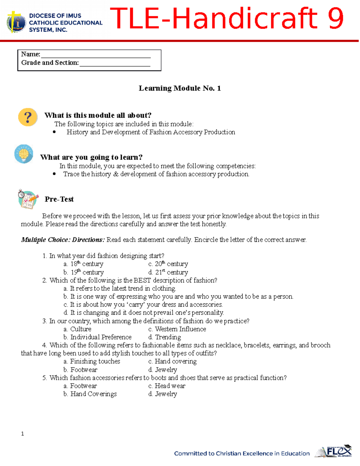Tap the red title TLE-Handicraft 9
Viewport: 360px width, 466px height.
226,19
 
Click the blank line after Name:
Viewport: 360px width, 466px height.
96,55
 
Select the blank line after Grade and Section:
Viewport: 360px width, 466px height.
115,64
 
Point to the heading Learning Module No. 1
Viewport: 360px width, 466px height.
180,88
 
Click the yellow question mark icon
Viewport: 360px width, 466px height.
28,117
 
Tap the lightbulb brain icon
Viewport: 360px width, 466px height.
24,154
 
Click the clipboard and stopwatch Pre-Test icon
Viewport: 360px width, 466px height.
28,199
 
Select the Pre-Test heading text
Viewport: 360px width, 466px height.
59,199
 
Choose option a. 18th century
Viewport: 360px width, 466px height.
83,264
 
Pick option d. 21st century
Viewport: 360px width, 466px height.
168,272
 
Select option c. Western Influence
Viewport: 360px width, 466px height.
177,329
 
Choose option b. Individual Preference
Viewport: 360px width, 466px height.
97,337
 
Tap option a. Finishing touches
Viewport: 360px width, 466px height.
92,362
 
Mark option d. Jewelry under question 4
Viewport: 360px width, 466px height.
163,370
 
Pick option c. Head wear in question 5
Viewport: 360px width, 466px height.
167,386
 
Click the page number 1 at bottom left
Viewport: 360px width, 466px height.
22,434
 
